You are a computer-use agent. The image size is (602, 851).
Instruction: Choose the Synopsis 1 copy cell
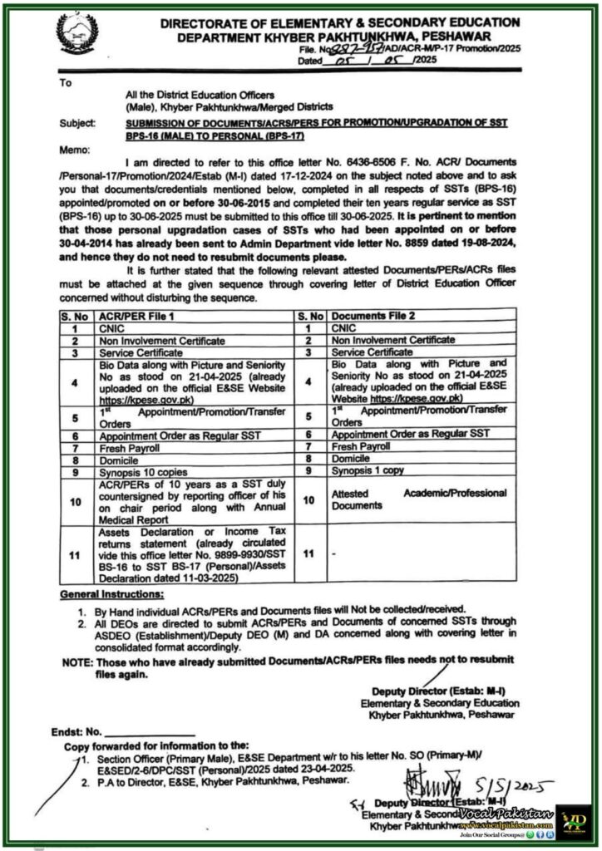367,470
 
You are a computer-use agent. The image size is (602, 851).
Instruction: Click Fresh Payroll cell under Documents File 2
362,445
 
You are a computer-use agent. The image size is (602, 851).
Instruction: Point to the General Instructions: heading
111,597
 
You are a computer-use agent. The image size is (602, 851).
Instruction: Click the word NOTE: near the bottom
78,662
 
